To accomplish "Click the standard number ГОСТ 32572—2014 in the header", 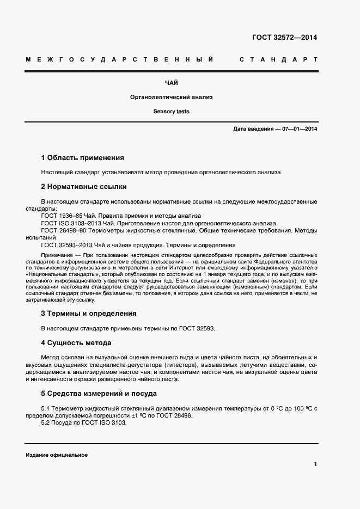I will (x=284, y=38).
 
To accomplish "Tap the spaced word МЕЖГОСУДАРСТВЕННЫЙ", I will (x=119, y=59).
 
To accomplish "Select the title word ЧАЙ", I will (x=171, y=83).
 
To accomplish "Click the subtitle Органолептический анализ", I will (x=171, y=97).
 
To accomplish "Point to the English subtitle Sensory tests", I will (x=171, y=111).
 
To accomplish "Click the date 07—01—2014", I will (x=298, y=129).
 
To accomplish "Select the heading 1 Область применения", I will (x=83, y=158).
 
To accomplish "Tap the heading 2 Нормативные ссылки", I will (x=84, y=187).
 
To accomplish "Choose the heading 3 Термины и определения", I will (x=89, y=314).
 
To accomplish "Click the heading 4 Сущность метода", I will (x=76, y=343).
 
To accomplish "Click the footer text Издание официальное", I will (x=57, y=455).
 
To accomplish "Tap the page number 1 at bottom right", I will (x=315, y=464).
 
